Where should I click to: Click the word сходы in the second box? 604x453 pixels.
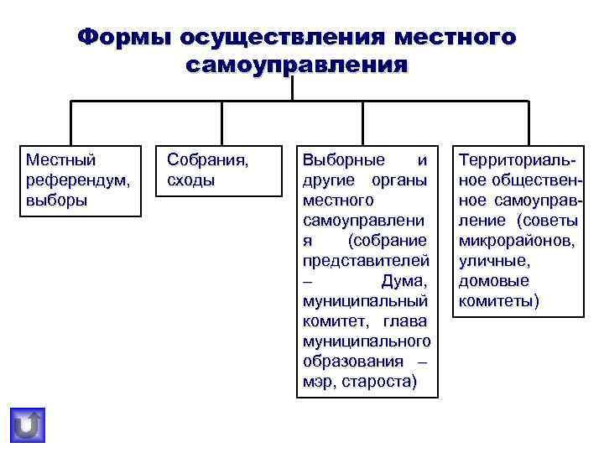tap(191, 180)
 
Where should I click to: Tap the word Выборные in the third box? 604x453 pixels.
tap(343, 159)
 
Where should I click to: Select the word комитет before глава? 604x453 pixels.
tap(331, 321)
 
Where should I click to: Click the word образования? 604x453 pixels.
tap(351, 362)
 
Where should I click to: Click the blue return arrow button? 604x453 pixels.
tap(28, 425)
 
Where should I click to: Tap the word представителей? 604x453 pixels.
tap(366, 261)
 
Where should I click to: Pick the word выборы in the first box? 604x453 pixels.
tap(56, 200)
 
